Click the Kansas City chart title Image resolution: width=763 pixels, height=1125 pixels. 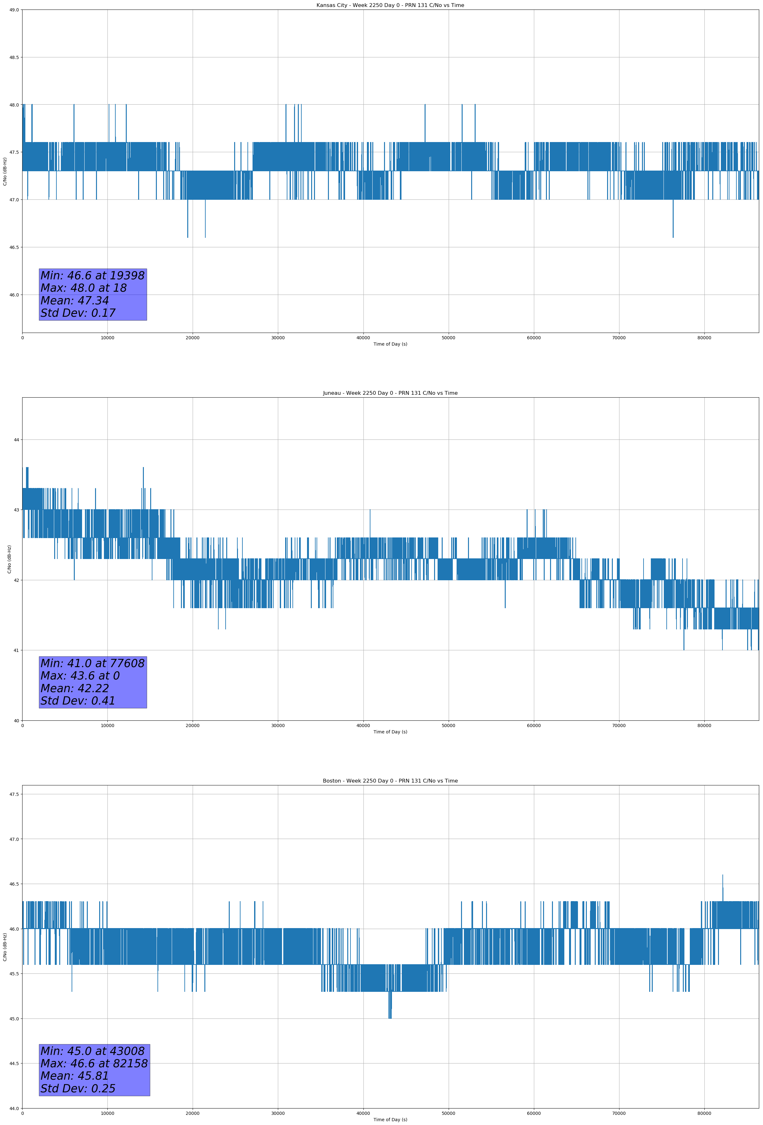(x=390, y=5)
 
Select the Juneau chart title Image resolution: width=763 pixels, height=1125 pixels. (x=390, y=393)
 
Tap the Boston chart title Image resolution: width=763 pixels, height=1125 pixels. (x=390, y=781)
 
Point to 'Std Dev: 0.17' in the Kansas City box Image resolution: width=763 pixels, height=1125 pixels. (x=78, y=313)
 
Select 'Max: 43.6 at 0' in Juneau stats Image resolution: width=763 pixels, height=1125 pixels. (x=80, y=676)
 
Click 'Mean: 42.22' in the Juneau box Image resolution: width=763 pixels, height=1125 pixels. (x=74, y=688)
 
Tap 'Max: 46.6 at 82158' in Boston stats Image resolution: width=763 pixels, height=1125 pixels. (x=94, y=1063)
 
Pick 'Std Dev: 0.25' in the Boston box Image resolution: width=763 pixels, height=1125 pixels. (x=78, y=1089)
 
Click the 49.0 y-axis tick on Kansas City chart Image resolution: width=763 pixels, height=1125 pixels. (x=14, y=10)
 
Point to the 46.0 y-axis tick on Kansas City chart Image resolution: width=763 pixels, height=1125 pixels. (x=14, y=295)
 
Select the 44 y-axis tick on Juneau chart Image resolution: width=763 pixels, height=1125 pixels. (x=16, y=439)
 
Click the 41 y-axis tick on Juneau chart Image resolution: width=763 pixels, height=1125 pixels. (x=16, y=650)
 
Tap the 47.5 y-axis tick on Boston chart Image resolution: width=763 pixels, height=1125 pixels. (x=14, y=794)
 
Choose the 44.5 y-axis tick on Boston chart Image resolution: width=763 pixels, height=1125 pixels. (x=14, y=1063)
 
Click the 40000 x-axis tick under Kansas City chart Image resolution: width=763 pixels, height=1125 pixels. (x=363, y=338)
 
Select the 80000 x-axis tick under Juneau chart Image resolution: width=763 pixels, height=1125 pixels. (x=704, y=725)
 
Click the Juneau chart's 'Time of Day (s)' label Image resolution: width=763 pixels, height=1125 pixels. (x=390, y=732)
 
